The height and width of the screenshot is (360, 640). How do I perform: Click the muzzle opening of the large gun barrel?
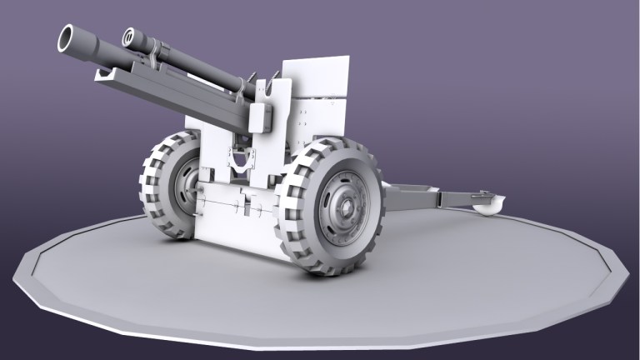67,38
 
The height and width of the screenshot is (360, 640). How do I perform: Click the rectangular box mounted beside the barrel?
262,117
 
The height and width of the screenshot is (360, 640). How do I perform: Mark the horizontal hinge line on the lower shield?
237,200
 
